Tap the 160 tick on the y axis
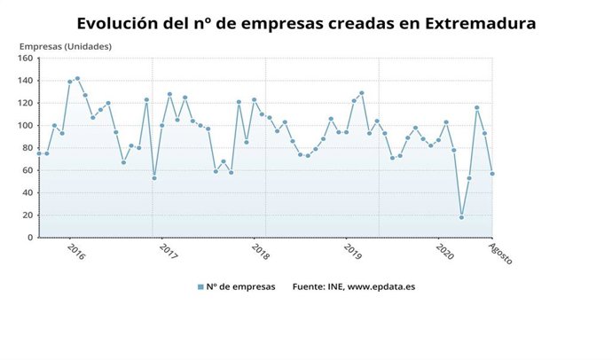(25, 59)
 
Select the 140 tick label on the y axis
(25, 81)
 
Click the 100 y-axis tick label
(25, 126)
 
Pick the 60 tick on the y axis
(27, 170)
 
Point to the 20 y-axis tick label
(27, 215)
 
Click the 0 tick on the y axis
(30, 238)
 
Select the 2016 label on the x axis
(76, 252)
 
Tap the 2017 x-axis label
(169, 252)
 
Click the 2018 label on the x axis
(261, 252)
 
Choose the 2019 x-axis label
(353, 252)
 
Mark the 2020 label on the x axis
(445, 252)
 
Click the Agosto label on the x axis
(501, 254)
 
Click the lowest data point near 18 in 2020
(461, 217)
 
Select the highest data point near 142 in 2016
(77, 78)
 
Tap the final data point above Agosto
(493, 174)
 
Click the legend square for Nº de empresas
(200, 286)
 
